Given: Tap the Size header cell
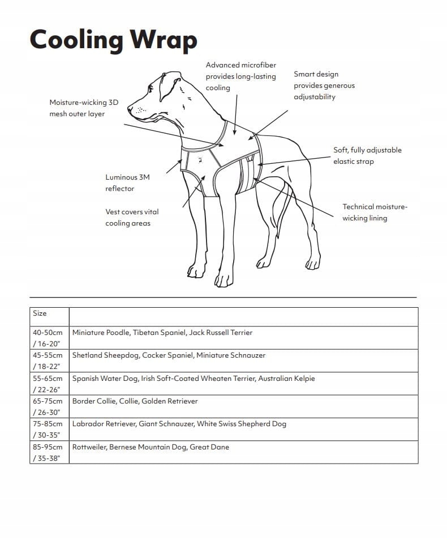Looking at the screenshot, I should click(x=40, y=313).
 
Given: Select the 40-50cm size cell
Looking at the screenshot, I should click(x=48, y=338).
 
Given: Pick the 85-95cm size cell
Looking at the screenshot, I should click(x=48, y=452).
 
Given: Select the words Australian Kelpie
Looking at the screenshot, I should click(x=287, y=379).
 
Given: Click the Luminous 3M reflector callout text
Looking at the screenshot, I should click(x=127, y=183).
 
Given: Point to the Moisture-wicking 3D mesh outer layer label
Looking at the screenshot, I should click(x=84, y=108).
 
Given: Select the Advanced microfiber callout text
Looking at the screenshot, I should click(x=240, y=77).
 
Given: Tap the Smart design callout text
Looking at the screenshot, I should click(x=324, y=86).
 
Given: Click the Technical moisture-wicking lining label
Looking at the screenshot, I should click(x=374, y=213).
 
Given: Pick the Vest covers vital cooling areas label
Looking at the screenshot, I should click(x=132, y=218).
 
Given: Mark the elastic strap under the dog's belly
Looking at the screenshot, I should click(x=248, y=176).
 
